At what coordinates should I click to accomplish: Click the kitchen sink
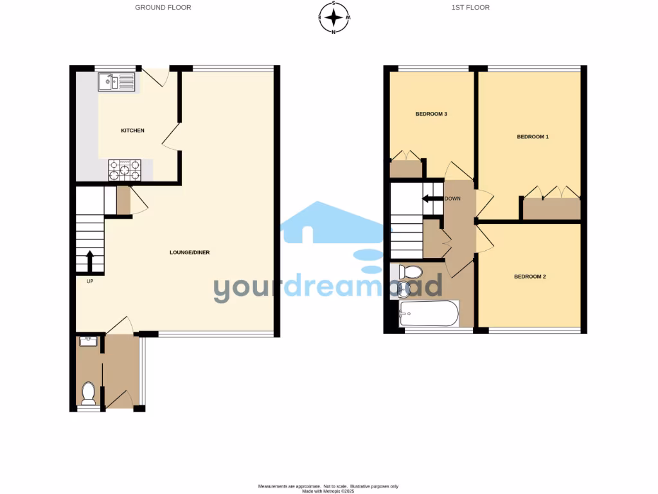(x=116, y=82)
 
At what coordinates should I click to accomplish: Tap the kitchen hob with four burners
(x=124, y=169)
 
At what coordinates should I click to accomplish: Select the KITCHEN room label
(x=133, y=131)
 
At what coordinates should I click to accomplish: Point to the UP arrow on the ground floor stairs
(x=89, y=261)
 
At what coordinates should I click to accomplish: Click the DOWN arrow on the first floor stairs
(x=432, y=198)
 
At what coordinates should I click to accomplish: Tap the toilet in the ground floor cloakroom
(x=89, y=391)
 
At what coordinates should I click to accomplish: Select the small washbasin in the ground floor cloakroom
(x=87, y=342)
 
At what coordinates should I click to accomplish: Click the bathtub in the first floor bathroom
(x=429, y=314)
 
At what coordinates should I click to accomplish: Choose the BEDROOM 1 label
(x=533, y=137)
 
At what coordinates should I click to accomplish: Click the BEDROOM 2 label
(x=529, y=277)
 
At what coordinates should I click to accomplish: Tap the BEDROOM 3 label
(x=431, y=114)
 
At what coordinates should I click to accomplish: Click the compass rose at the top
(x=334, y=17)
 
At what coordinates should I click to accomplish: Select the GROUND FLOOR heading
(x=163, y=8)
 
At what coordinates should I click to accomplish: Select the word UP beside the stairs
(x=90, y=281)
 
